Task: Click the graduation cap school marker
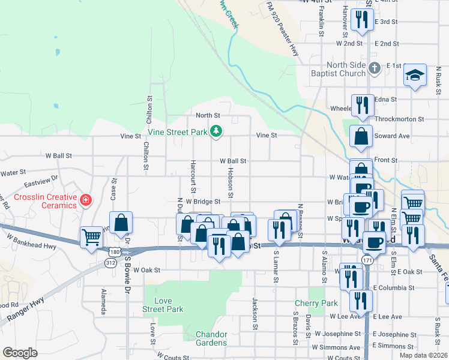[x=415, y=75]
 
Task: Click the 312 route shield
[x=110, y=262]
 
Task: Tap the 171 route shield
[x=366, y=259]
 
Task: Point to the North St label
[x=208, y=115]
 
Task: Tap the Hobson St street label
[x=230, y=184]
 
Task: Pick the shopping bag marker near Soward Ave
[x=361, y=137]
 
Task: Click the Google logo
[x=20, y=353]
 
